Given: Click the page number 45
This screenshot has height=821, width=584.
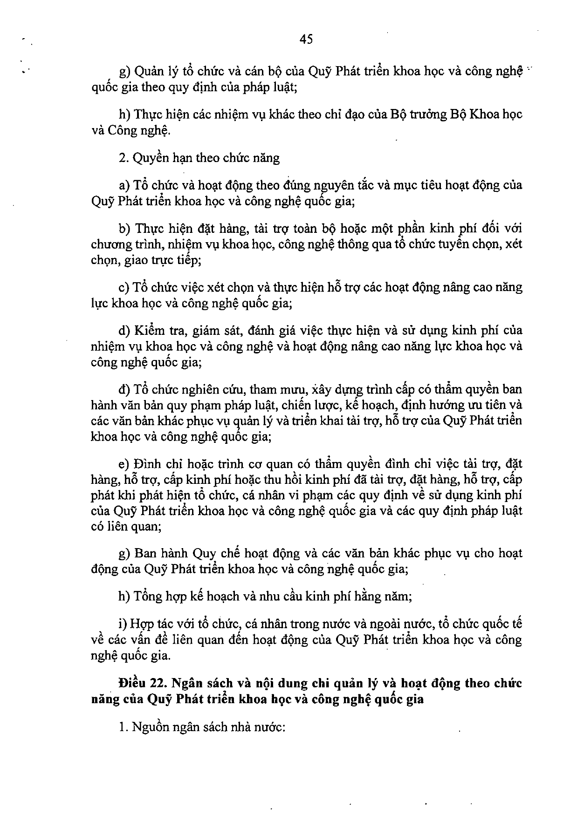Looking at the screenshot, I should point(306,40).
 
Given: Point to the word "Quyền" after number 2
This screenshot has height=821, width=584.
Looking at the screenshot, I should point(148,158).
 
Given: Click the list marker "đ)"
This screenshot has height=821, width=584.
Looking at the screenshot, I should point(124,389).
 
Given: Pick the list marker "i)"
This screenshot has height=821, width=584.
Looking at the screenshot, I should point(123,624).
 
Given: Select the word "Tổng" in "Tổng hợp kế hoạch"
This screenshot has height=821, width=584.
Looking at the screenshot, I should point(147,596).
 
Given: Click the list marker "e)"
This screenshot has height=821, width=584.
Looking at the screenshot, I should point(124,464).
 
